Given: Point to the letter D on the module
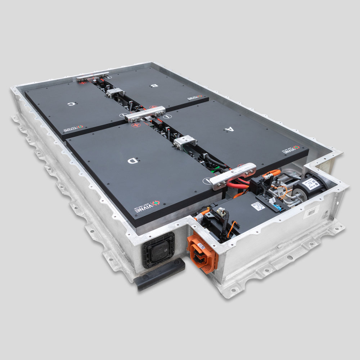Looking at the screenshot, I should point(132,161).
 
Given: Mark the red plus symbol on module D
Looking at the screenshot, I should point(136,125).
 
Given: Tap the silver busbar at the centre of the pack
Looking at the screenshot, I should point(145,113).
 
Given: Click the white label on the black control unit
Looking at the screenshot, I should point(258,206).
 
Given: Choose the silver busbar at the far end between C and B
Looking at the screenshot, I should point(92,76).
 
